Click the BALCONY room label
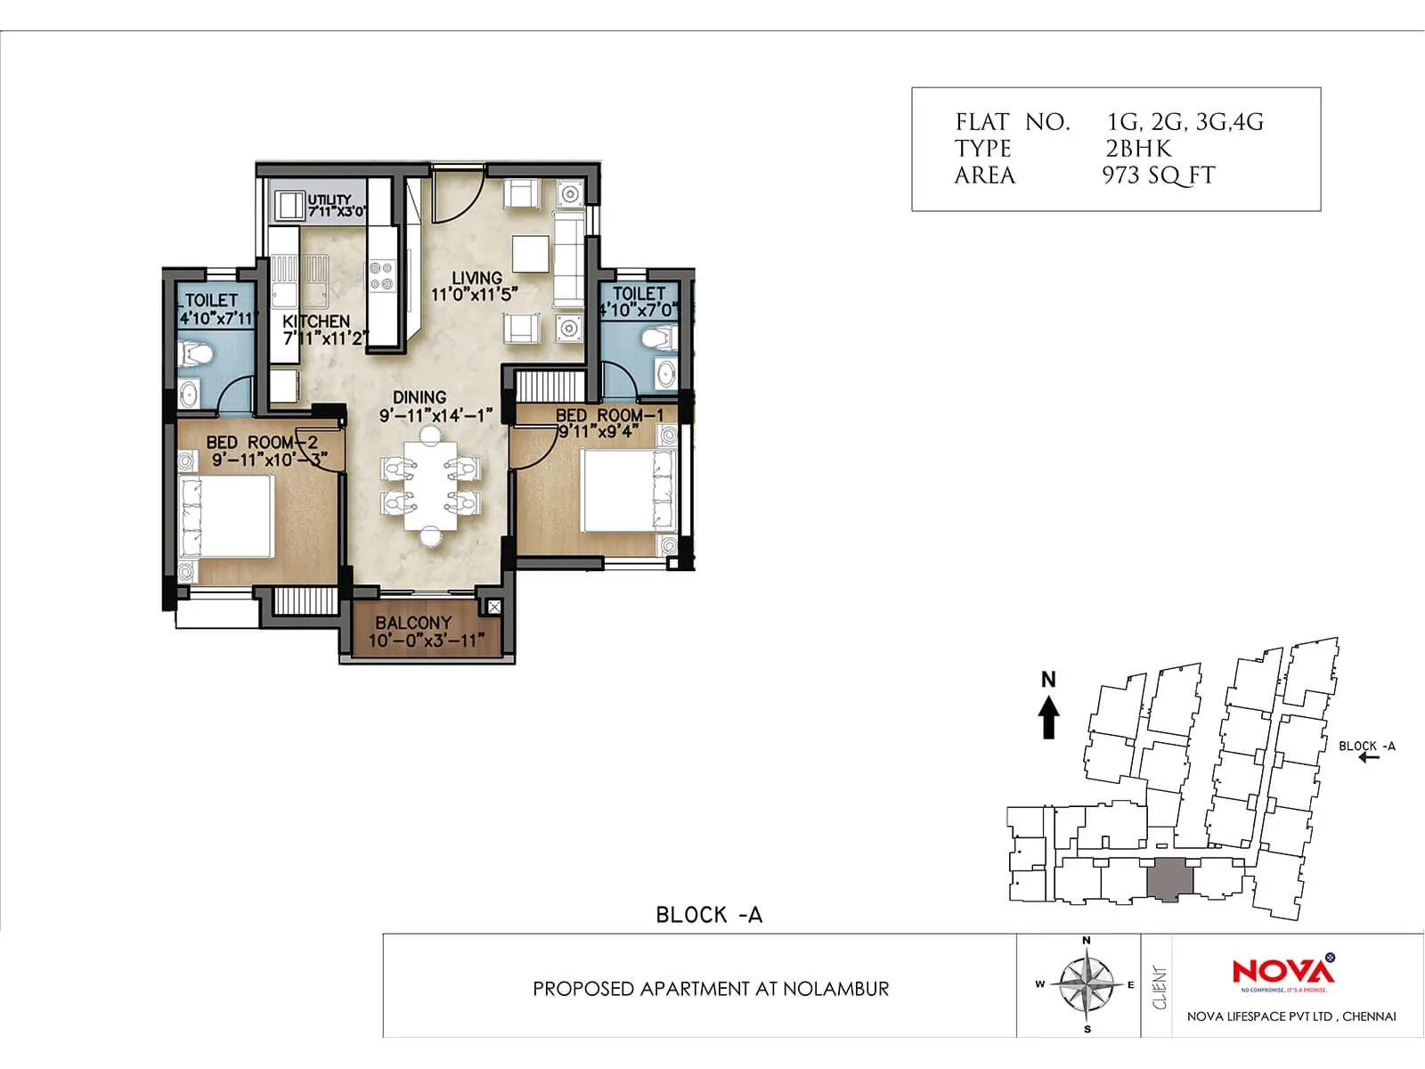(x=412, y=623)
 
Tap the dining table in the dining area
(x=430, y=486)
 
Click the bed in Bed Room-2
(x=226, y=517)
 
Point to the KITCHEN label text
(x=316, y=321)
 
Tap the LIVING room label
(x=476, y=277)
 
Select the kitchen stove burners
(x=381, y=275)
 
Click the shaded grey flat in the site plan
(x=1169, y=881)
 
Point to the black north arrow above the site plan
(x=1049, y=716)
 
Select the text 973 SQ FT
(x=1158, y=175)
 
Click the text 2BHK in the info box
(x=1138, y=149)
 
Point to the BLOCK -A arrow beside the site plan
(x=1369, y=758)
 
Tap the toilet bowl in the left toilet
(x=195, y=355)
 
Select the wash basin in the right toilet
(x=665, y=373)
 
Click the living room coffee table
(x=531, y=254)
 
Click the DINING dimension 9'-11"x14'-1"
(x=436, y=416)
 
